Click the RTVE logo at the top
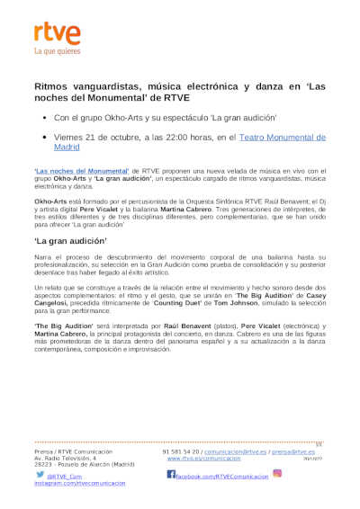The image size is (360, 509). pos(57,34)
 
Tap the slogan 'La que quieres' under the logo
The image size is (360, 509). pos(57,52)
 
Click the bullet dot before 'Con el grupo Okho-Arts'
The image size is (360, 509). pos(44,117)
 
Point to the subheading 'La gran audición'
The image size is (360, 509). pos(71,242)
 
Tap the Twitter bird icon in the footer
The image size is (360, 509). pos(39,474)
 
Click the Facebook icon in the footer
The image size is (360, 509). pos(171,474)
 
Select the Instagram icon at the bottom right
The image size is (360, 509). pos(277,473)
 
